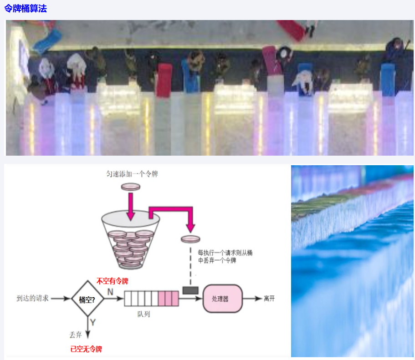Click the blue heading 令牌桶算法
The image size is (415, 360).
point(26,8)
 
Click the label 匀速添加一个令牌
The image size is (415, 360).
point(131,174)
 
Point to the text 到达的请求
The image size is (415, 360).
point(33,299)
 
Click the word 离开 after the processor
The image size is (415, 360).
point(270,299)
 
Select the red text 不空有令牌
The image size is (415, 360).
point(112,281)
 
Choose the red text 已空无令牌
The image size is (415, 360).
point(86,349)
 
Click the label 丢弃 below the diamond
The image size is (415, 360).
point(75,335)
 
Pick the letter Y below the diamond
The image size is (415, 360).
point(92,323)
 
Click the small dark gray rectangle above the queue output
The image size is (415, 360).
point(188,290)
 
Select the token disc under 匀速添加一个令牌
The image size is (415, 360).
point(131,186)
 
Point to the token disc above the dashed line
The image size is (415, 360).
point(190,239)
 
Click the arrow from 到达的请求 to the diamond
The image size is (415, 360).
point(61,299)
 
